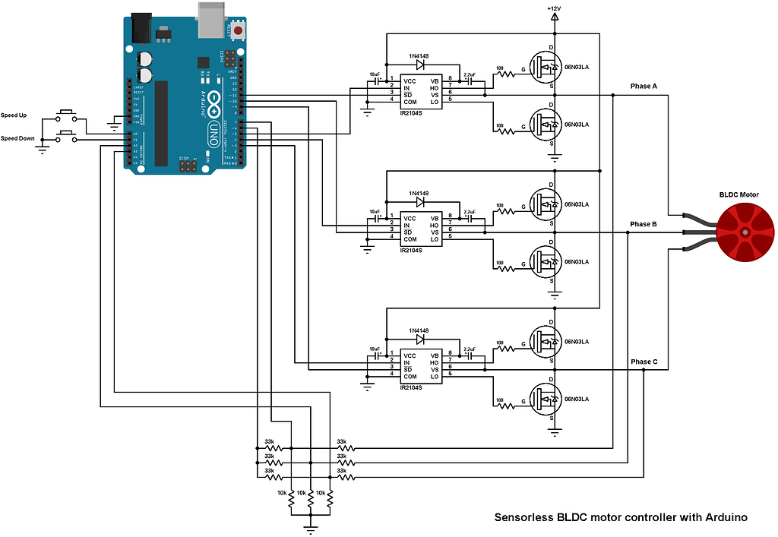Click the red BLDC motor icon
click(x=745, y=231)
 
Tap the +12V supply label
click(x=554, y=8)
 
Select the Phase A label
click(x=643, y=87)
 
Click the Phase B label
click(x=643, y=224)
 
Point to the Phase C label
click(x=643, y=362)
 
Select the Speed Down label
click(x=19, y=138)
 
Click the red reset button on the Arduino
click(x=239, y=31)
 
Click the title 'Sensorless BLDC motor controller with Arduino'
click(x=621, y=517)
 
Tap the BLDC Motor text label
click(x=738, y=195)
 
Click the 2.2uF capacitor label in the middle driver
click(x=469, y=212)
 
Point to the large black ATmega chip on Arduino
click(x=161, y=122)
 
